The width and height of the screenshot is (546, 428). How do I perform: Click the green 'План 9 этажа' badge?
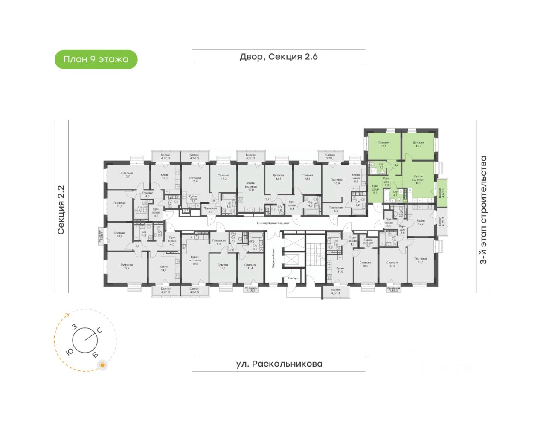(96, 59)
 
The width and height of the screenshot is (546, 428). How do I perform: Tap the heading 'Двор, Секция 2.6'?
(279, 57)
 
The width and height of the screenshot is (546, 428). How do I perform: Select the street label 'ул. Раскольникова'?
(279, 364)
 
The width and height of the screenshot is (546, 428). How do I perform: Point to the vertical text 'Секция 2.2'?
(61, 210)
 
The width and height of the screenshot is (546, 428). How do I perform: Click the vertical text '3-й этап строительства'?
(483, 210)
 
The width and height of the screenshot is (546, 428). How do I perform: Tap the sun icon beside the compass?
(102, 365)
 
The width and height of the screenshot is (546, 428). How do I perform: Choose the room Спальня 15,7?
(127, 175)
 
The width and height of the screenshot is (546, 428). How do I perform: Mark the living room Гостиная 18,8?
(127, 266)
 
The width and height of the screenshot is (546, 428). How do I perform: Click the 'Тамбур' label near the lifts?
(293, 278)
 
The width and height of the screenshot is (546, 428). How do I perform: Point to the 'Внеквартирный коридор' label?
(273, 223)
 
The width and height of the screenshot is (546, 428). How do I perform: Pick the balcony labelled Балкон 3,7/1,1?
(330, 156)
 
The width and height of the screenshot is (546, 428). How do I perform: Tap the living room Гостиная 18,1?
(421, 260)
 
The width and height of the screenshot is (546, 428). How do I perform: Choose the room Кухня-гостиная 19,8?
(195, 260)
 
